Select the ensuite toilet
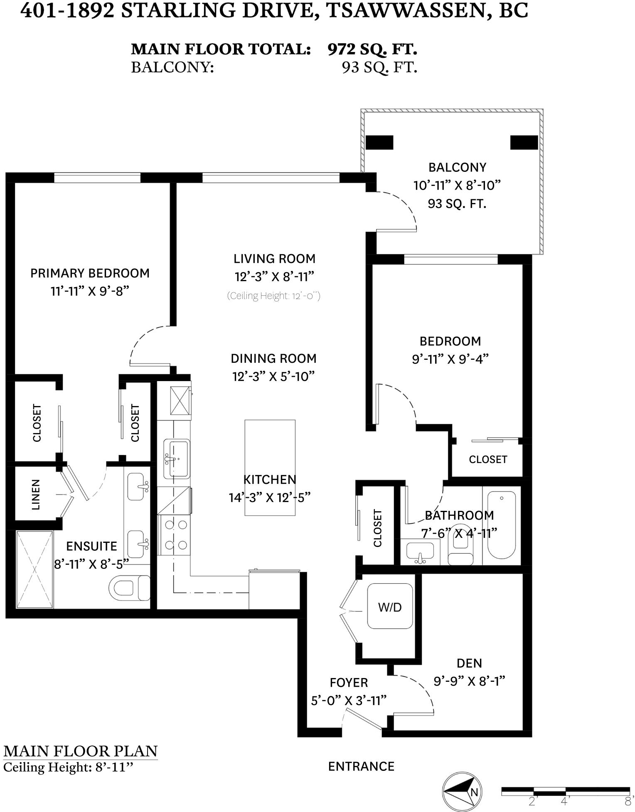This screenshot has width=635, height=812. point(129,588)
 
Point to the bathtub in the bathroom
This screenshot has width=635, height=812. point(501,525)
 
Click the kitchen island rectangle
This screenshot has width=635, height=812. point(270,468)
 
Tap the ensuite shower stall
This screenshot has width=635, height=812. point(35,569)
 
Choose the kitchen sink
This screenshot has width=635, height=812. point(177,459)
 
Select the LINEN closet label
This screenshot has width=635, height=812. point(36,494)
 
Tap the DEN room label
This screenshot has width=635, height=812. point(469,663)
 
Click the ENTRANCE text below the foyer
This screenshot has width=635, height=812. point(361,766)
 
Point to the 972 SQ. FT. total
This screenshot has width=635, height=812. point(372,49)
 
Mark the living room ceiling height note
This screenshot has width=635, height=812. point(273,296)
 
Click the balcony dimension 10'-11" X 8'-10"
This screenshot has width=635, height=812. point(457,185)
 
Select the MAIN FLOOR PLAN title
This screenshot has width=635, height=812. point(81,751)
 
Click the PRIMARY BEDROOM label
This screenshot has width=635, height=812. point(90,273)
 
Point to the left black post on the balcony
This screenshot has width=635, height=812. point(379,143)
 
